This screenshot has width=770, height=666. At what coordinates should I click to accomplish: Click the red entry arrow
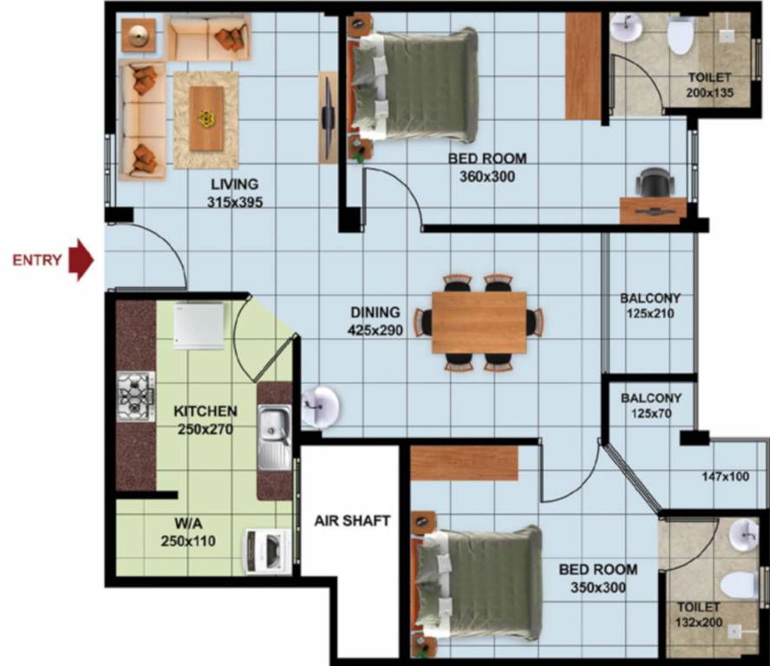click(x=80, y=260)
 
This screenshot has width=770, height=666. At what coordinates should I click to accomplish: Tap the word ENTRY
click(x=36, y=260)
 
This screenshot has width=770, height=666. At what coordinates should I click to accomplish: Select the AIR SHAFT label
click(x=351, y=521)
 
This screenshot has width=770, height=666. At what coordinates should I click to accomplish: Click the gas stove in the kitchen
click(x=136, y=396)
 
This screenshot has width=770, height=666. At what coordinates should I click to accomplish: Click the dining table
click(x=479, y=323)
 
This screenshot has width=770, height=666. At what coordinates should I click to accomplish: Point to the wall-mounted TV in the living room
click(x=329, y=117)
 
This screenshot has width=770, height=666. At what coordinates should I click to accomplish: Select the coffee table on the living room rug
click(x=206, y=118)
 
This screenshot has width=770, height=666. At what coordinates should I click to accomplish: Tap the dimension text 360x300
click(x=486, y=176)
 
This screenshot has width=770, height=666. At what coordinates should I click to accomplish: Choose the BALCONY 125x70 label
click(x=651, y=406)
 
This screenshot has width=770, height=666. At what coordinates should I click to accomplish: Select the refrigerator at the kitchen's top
click(x=199, y=325)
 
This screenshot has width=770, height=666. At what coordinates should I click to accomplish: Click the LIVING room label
click(x=234, y=184)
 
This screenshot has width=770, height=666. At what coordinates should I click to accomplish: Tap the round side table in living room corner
click(x=139, y=36)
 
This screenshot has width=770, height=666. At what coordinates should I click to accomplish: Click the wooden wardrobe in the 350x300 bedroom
click(x=463, y=463)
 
